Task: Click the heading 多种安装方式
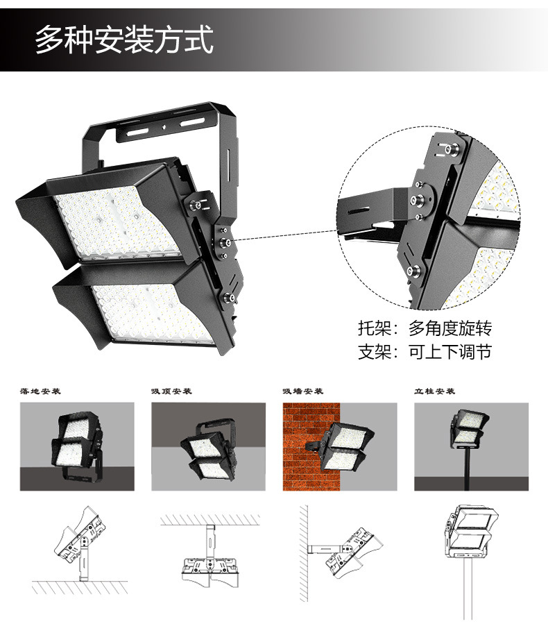pos(124,39)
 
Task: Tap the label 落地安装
pos(41,391)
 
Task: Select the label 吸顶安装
pos(171,391)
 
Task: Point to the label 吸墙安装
pos(303,391)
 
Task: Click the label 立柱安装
pos(434,391)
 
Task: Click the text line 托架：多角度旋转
pos(425,328)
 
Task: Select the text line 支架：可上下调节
pos(425,352)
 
